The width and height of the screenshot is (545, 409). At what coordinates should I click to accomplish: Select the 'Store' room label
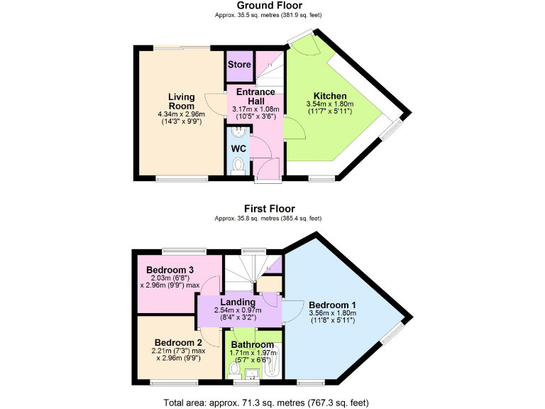pos(239,65)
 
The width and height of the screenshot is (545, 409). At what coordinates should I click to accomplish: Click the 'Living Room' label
pos(182,102)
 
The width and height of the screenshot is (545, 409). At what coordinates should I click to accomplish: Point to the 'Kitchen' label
pos(330,96)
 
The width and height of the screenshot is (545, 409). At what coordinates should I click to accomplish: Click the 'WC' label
pos(238,148)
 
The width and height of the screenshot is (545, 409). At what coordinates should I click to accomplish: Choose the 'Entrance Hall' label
pos(255,97)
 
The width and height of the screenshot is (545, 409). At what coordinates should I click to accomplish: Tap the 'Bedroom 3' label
pos(170,270)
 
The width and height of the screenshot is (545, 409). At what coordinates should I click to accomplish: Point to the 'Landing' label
pos(238,302)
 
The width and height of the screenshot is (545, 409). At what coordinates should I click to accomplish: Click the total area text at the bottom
pos(266,403)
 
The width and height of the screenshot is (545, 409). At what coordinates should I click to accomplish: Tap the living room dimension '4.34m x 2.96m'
pos(182,114)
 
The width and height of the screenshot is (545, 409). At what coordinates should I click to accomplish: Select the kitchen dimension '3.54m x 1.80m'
pos(330,104)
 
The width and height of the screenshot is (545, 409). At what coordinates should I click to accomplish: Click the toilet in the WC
pos(238,165)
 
